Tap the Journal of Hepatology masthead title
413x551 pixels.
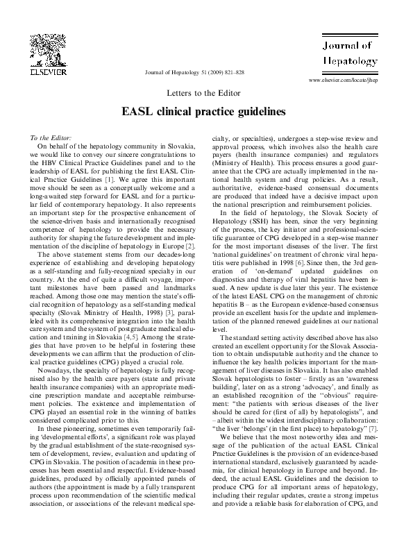pos(349,54)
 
